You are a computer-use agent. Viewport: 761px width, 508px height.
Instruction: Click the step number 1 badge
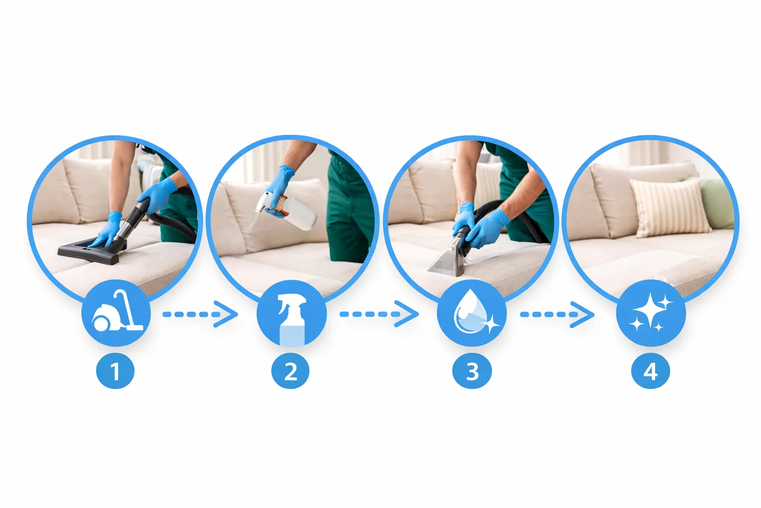point(115,371)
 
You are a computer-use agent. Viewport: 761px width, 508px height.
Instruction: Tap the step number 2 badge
point(290,371)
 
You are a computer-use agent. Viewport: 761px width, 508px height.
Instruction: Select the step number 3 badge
point(472,371)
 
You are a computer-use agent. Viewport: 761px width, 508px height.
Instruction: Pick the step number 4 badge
point(650,371)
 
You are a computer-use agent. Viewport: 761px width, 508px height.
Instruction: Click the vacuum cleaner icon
point(117,311)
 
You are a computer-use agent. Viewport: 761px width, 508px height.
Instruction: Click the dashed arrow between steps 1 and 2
point(200,315)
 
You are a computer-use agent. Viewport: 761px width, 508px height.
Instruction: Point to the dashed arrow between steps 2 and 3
point(379,315)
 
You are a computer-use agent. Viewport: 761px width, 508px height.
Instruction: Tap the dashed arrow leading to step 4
point(557,315)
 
